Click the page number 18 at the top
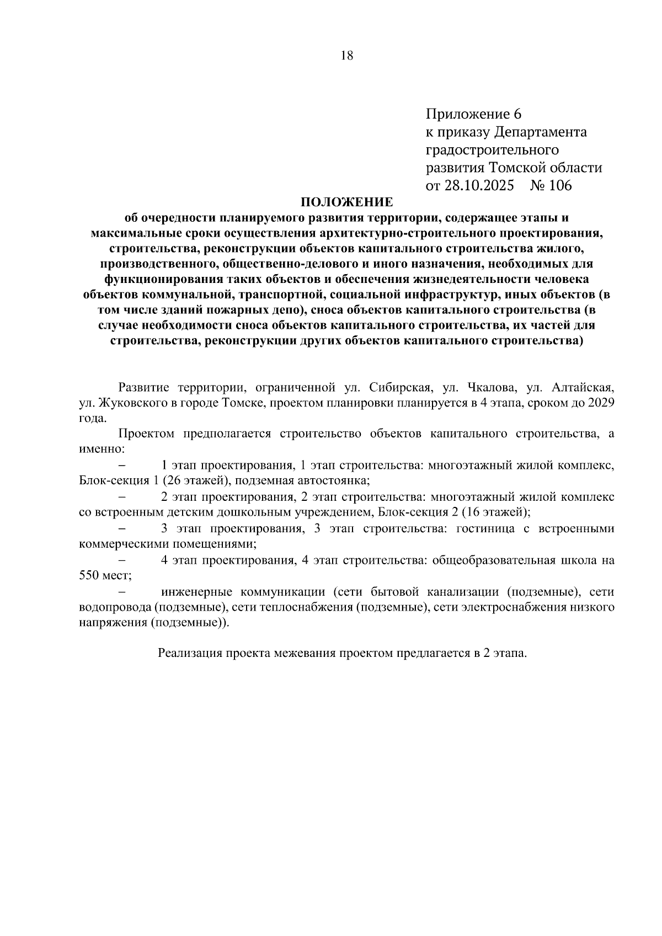[347, 56]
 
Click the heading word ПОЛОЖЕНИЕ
[346, 202]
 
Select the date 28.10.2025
[479, 185]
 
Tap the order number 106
[560, 185]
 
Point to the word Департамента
[541, 132]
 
